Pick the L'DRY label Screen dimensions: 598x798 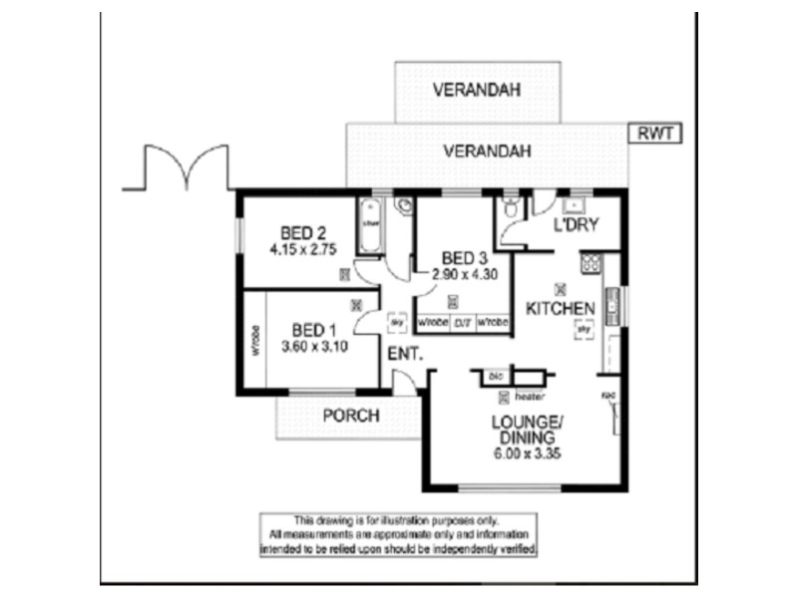click(x=576, y=226)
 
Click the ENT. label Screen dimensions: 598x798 click(x=406, y=354)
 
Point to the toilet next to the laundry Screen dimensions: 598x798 click(x=511, y=207)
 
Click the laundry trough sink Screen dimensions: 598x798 click(x=574, y=206)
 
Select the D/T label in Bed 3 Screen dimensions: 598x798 click(x=463, y=322)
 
